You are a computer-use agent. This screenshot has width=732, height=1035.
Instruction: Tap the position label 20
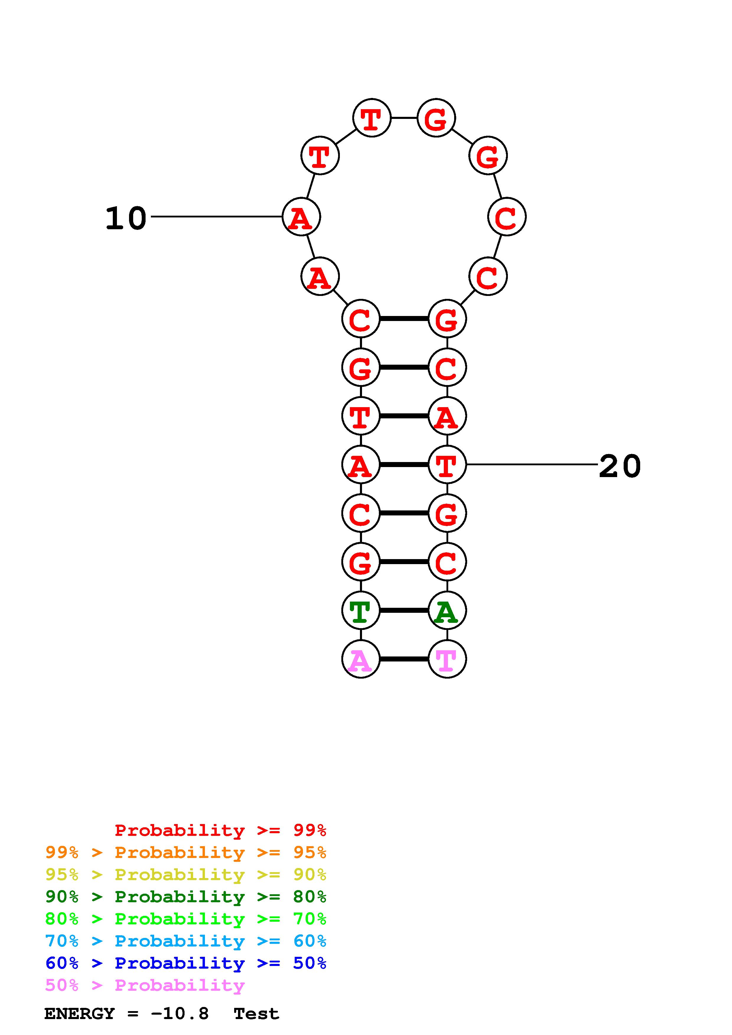620,466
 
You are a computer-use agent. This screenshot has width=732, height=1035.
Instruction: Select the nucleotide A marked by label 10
301,217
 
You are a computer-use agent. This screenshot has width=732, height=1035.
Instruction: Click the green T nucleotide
360,610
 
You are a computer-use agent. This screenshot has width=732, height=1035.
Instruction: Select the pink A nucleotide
360,659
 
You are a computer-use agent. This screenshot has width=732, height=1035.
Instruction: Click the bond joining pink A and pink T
404,659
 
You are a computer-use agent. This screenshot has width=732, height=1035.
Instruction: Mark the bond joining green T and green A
404,610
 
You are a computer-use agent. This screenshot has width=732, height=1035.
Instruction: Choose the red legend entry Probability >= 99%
220,830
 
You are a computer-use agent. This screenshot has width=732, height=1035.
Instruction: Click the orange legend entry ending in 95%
185,852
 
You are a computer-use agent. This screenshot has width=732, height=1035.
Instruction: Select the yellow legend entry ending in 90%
185,874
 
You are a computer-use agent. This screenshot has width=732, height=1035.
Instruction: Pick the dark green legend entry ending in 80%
185,897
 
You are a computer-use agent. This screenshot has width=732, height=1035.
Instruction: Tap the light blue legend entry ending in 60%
185,941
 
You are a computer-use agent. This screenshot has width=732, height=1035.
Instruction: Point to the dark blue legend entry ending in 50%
185,963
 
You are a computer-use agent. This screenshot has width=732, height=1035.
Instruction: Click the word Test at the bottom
256,1014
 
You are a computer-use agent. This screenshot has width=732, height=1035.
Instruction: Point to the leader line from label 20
532,464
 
